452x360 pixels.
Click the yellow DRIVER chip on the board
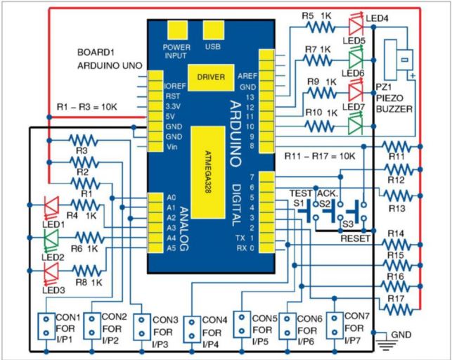coord(211,77)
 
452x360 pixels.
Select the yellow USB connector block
coord(213,30)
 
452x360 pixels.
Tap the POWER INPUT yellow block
coord(178,30)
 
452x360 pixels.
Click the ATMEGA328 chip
coord(208,172)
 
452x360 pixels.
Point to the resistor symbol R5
coord(321,27)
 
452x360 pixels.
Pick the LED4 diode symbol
coord(356,26)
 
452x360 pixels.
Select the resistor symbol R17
coord(398,310)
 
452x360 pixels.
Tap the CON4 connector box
coord(192,330)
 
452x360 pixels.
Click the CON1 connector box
coord(46,326)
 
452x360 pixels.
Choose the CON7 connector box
coord(335,326)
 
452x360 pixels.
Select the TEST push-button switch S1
coord(309,211)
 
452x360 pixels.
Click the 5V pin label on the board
coord(170,117)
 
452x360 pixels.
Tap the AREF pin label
coord(247,76)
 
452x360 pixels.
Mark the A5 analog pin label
coord(171,248)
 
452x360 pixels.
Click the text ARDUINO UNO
coord(110,65)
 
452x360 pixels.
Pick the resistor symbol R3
coord(84,141)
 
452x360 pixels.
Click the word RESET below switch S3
coord(355,238)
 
